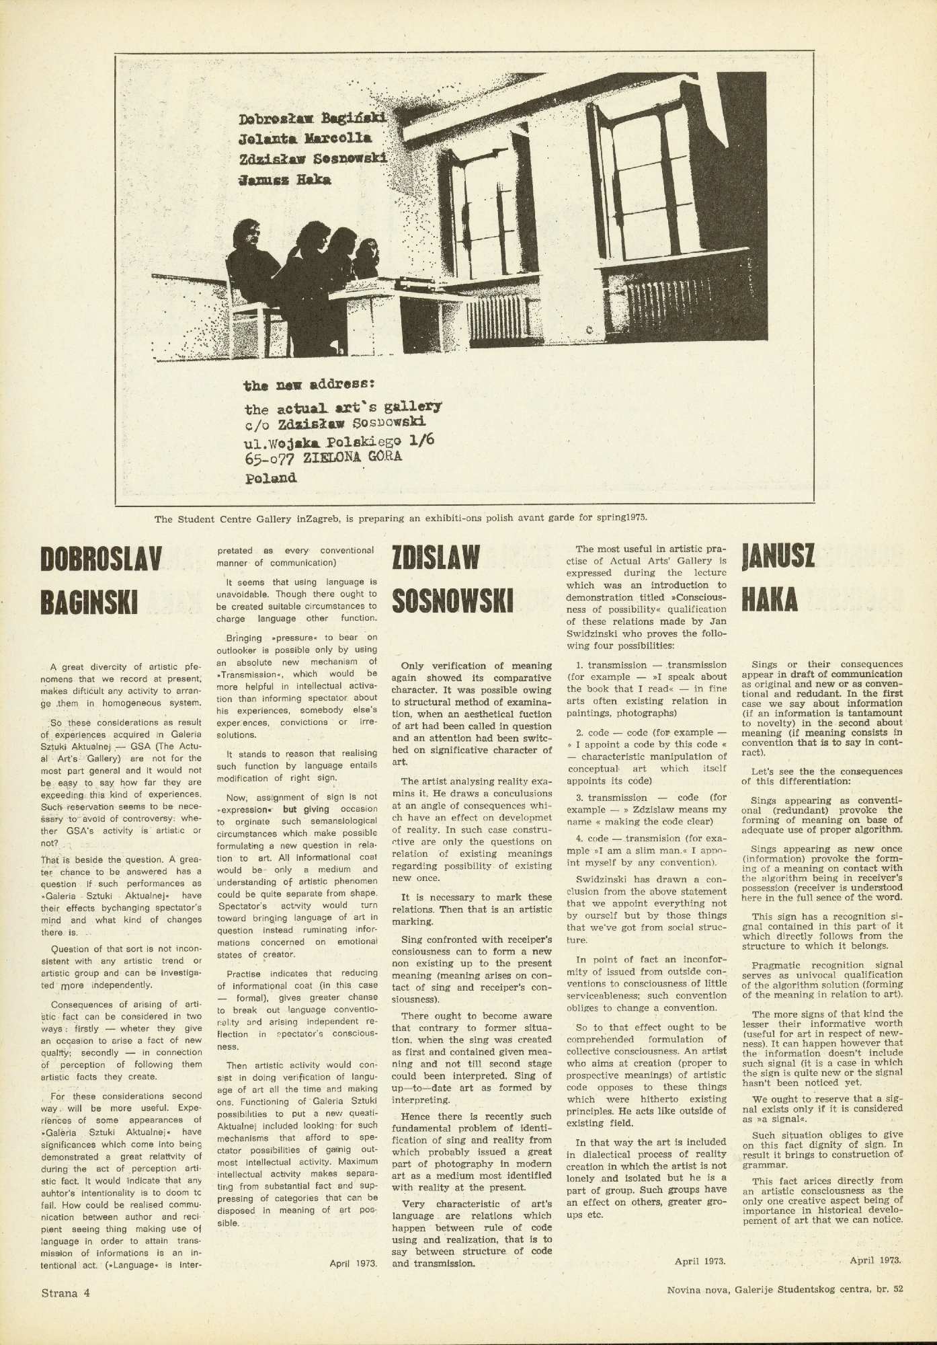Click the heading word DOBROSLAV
(101, 560)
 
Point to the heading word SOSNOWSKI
(452, 601)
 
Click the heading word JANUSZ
(778, 558)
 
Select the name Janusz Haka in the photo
(284, 180)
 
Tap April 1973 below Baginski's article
(353, 1264)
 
